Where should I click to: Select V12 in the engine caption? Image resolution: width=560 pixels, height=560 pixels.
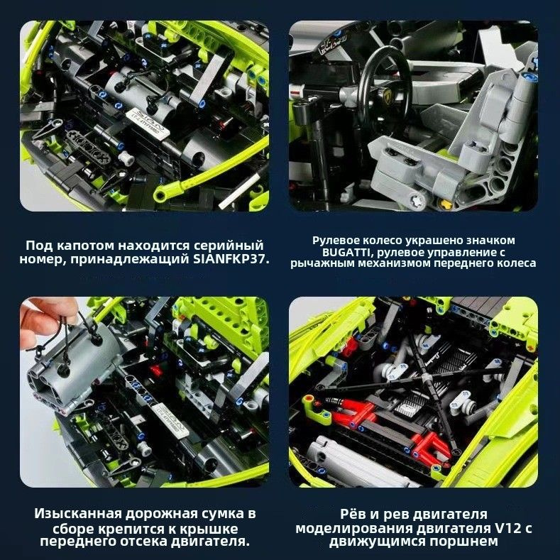pyautogui.click(x=507, y=528)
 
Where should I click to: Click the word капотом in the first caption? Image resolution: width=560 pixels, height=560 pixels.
pyautogui.click(x=86, y=246)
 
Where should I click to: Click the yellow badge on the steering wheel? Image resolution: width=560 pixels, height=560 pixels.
pyautogui.click(x=388, y=95)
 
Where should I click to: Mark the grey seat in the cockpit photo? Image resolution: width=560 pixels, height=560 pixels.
pyautogui.click(x=461, y=139)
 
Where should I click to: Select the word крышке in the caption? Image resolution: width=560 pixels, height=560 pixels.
pyautogui.click(x=212, y=529)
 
